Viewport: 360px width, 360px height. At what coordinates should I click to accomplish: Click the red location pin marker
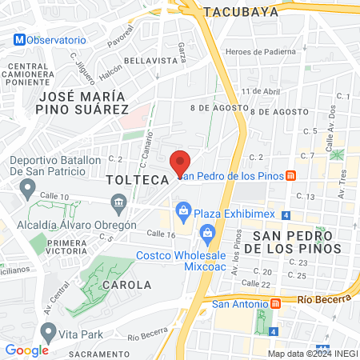coord(181,162)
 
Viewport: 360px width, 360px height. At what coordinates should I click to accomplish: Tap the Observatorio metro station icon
coord(18,39)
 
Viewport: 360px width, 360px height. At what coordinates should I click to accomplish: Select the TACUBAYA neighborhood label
coord(241,12)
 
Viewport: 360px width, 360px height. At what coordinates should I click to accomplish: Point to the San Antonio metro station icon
coord(277,303)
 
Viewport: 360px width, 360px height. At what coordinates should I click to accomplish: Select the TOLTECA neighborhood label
coord(137,181)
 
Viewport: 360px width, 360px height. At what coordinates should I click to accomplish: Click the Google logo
coord(26,350)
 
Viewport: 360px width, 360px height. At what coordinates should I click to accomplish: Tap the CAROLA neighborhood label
coord(126,284)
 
